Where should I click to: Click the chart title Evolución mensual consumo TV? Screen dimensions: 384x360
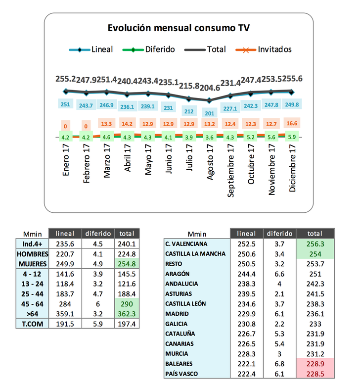[x=178, y=28]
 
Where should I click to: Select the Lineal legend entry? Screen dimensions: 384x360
[x=102, y=49]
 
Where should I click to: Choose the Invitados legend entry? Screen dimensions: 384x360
[x=274, y=49]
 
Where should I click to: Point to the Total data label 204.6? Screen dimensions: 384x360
[x=210, y=88]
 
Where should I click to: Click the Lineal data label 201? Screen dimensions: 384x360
[x=210, y=113]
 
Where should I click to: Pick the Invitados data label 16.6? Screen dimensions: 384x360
[x=291, y=123]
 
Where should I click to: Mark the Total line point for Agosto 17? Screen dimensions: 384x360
[x=210, y=100]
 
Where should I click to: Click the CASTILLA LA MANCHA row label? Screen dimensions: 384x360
[x=195, y=254]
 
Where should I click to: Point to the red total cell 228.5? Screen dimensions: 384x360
[x=315, y=374]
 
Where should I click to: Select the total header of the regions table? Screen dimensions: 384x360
[x=315, y=234]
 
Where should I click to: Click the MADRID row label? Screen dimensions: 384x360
[x=177, y=314]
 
